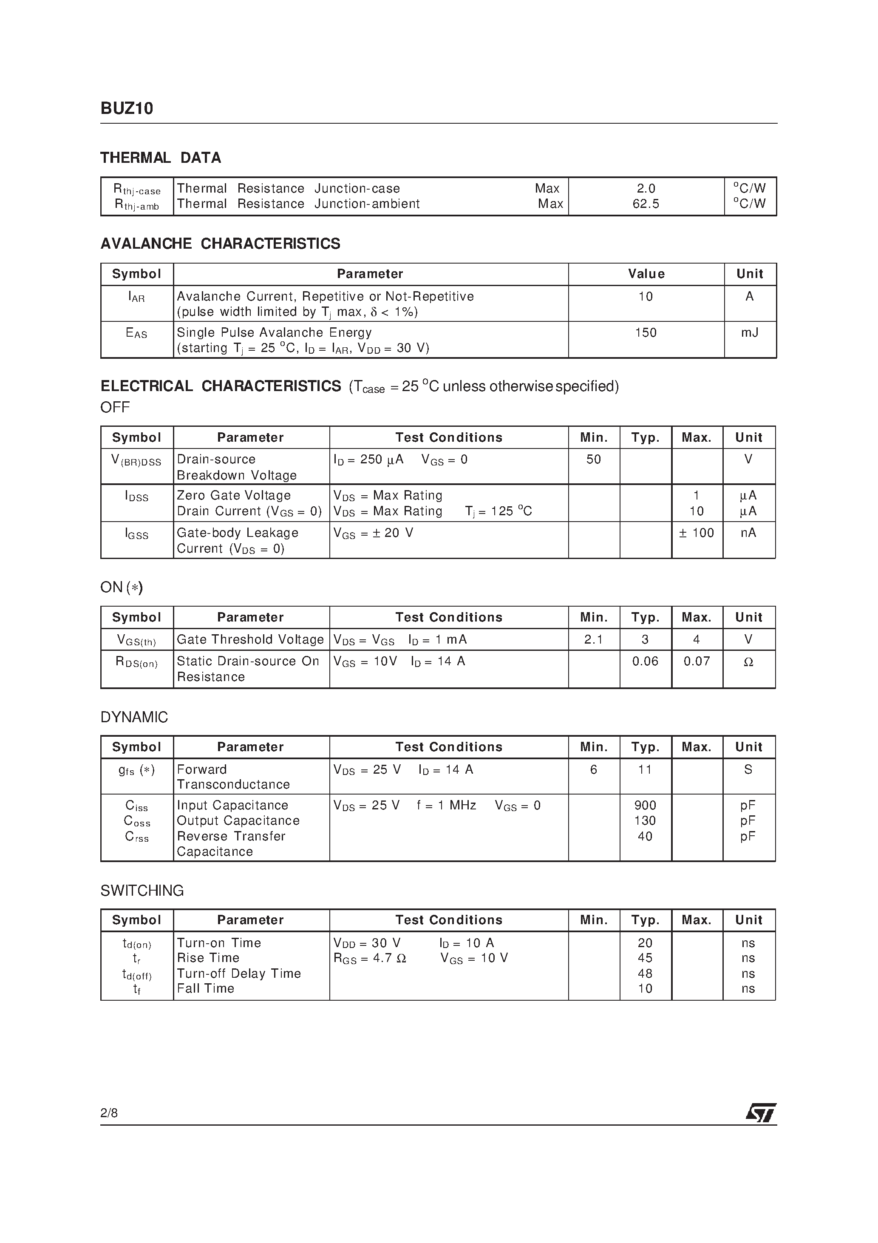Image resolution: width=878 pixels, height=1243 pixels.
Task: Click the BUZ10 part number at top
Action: (x=127, y=109)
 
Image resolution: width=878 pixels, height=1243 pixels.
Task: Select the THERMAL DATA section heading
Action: (x=161, y=158)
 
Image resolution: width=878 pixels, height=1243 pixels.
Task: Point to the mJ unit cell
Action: (x=749, y=332)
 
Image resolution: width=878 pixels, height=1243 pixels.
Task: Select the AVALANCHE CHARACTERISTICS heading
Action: (x=220, y=244)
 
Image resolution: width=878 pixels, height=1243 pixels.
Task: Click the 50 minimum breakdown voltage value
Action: (x=593, y=460)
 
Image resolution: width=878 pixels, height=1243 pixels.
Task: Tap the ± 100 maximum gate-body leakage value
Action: (x=696, y=533)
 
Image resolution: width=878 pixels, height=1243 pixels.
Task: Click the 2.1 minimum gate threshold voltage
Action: (x=593, y=639)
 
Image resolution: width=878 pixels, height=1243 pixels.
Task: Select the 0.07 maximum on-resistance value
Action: (x=696, y=661)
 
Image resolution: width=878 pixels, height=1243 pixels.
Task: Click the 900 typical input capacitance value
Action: (x=645, y=805)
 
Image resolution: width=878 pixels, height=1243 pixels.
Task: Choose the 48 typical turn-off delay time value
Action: (x=645, y=973)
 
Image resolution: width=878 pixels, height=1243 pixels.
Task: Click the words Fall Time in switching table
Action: (x=205, y=988)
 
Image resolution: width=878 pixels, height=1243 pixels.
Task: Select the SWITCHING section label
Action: (x=142, y=891)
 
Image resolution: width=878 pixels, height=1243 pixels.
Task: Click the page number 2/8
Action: (x=109, y=1112)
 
